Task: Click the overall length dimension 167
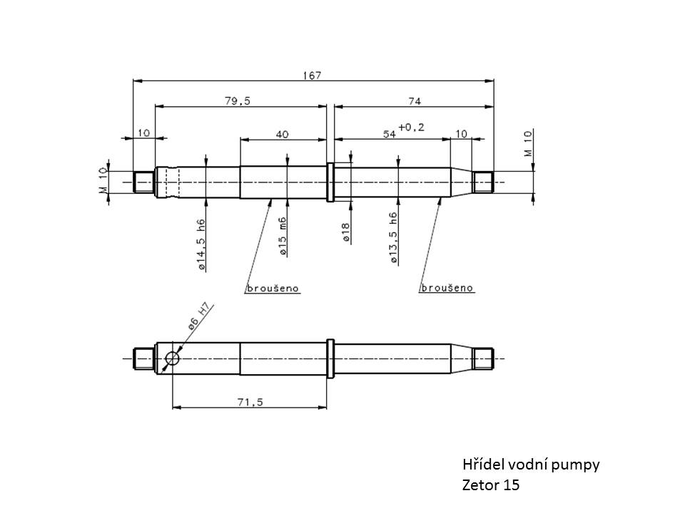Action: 313,75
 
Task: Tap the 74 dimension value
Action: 415,101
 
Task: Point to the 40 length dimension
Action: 283,134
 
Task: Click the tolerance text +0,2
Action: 411,128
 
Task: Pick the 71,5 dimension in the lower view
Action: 250,402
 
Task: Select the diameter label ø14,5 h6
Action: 202,244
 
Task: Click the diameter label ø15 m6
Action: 283,237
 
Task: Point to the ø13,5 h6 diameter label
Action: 394,239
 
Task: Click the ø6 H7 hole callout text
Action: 199,316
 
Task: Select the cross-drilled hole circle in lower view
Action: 172,358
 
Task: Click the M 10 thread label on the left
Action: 103,181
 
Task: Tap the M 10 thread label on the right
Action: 527,143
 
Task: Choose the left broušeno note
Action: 272,289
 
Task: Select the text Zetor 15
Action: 491,486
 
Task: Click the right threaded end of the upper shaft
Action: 483,182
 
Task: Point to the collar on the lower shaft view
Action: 330,358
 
